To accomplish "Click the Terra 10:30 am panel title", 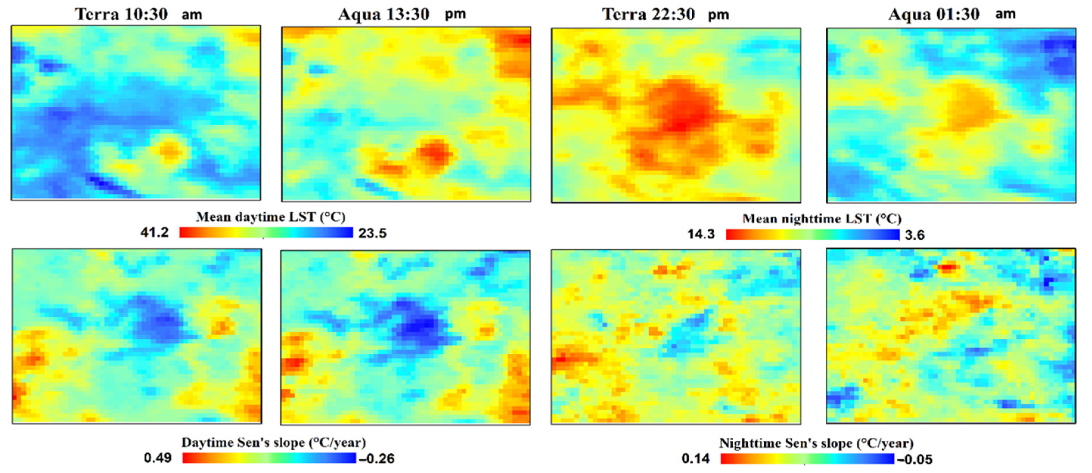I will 138,14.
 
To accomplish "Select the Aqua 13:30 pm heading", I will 402,14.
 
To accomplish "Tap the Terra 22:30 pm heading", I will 665,14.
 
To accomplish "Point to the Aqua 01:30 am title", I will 952,14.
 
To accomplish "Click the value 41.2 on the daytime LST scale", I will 154,232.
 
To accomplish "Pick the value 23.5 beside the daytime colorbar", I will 372,233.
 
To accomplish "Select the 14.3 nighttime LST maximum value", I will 701,234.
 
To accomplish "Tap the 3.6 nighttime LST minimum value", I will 914,235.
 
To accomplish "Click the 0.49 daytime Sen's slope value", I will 157,458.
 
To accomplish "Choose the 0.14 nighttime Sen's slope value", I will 695,459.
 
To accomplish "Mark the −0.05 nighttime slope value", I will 914,459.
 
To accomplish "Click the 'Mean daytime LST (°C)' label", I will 270,217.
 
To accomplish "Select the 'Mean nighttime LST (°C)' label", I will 822,219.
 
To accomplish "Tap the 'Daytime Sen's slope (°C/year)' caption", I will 273,442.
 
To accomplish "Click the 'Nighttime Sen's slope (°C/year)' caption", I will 816,444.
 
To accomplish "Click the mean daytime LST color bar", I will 266,232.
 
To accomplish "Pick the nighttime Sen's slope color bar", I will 807,459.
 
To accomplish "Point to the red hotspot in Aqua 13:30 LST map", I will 435,154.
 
